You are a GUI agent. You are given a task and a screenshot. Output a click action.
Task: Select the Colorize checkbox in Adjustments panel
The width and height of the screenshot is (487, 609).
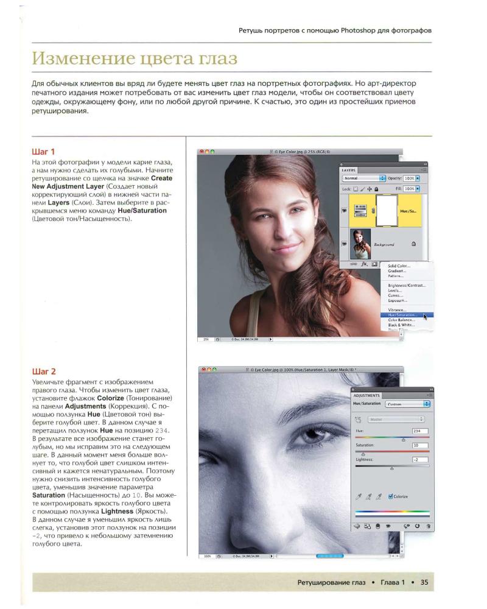(390, 496)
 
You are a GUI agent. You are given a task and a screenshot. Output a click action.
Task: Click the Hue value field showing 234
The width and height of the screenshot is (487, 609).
(420, 431)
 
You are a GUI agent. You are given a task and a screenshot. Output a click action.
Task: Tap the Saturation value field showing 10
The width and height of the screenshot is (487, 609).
(420, 445)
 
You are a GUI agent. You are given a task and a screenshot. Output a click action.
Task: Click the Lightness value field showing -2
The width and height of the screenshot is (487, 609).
(420, 459)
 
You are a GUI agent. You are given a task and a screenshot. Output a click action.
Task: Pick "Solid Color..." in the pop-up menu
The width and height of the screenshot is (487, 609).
(399, 266)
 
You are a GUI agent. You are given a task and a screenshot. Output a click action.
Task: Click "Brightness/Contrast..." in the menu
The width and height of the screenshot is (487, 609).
(407, 285)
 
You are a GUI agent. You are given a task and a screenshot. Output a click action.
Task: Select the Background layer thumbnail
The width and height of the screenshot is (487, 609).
(357, 242)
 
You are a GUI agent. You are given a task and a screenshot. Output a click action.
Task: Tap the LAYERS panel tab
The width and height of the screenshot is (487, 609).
(349, 171)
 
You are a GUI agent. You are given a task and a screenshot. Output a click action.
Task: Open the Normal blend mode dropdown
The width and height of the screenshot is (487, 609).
(364, 178)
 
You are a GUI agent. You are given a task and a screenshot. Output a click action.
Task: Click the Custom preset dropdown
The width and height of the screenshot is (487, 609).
(407, 404)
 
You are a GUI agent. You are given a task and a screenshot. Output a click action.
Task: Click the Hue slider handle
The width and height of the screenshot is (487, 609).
(404, 438)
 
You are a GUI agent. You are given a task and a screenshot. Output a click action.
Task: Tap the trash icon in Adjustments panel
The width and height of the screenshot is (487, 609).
(428, 525)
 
